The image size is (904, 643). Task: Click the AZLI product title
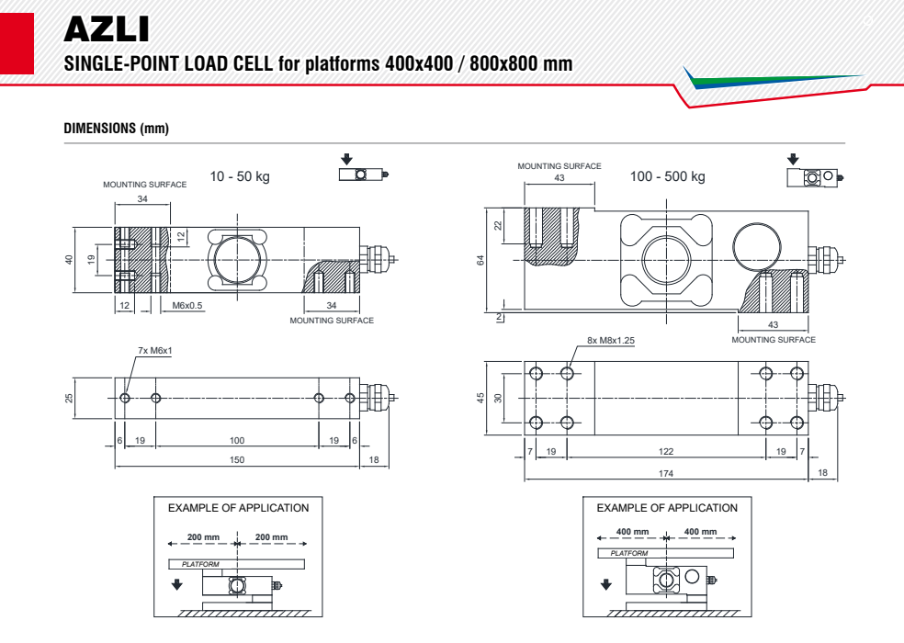(x=106, y=29)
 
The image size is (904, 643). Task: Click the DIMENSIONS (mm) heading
(x=116, y=129)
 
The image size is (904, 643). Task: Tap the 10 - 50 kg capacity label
(x=240, y=176)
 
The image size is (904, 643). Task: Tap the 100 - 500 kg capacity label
(x=668, y=176)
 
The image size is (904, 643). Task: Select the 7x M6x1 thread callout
(x=154, y=351)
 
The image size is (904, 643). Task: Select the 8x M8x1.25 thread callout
(x=611, y=340)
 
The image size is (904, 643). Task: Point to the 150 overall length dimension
(x=237, y=459)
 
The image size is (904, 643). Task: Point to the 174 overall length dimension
(x=666, y=473)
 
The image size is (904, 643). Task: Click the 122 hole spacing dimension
(x=666, y=451)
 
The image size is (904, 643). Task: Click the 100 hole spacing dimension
(x=237, y=441)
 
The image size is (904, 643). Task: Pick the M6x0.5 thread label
(x=187, y=304)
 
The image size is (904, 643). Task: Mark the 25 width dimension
(x=69, y=399)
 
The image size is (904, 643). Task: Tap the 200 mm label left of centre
(x=204, y=537)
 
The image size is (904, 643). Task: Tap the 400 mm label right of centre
(x=700, y=532)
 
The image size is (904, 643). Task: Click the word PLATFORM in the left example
(x=200, y=564)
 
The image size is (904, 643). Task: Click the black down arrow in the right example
(x=605, y=583)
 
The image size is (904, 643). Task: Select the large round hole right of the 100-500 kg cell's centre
(x=758, y=245)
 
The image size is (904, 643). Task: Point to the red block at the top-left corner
(x=16, y=41)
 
